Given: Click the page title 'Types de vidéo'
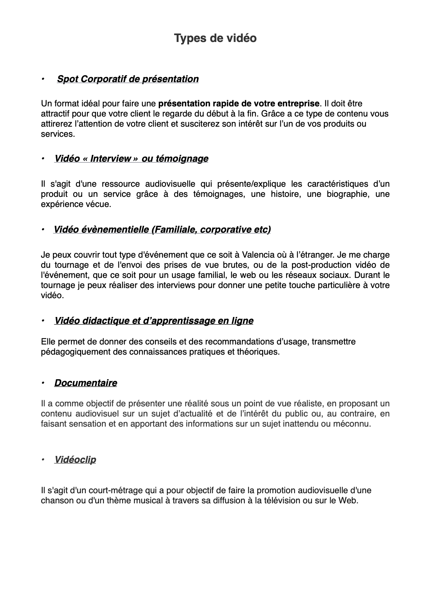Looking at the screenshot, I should (215, 38).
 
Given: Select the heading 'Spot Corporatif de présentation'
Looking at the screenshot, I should (128, 79).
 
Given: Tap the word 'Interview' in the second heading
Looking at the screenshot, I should (111, 158).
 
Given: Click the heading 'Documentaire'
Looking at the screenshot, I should (85, 383).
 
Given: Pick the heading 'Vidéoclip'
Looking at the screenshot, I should (75, 460).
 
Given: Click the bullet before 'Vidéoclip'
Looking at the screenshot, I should (43, 460).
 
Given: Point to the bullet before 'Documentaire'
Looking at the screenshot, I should (43, 382).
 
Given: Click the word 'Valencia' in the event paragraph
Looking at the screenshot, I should (259, 255).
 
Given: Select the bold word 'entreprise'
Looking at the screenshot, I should (299, 103).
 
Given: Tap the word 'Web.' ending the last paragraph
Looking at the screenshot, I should (348, 501).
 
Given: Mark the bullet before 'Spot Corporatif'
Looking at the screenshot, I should (43, 79).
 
